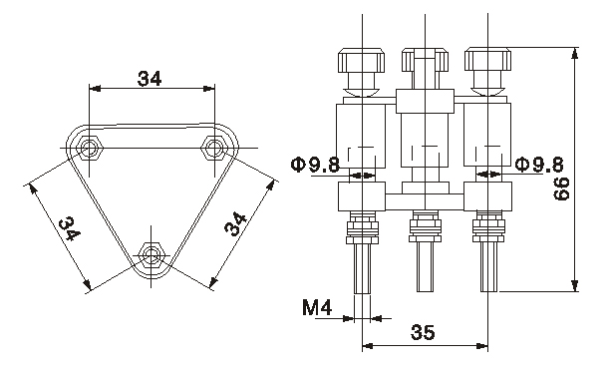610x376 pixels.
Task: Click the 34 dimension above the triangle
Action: (x=150, y=79)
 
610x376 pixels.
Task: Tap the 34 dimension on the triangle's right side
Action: (x=236, y=223)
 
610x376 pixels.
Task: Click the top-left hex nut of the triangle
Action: (x=90, y=148)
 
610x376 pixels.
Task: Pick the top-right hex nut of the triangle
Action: (x=213, y=148)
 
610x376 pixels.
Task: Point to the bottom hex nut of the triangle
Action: (x=152, y=254)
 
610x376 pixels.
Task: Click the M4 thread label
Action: (x=317, y=307)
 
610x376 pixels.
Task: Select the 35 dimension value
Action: (x=423, y=332)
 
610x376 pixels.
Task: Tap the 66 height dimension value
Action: (x=562, y=188)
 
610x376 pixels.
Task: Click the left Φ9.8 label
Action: (x=316, y=165)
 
